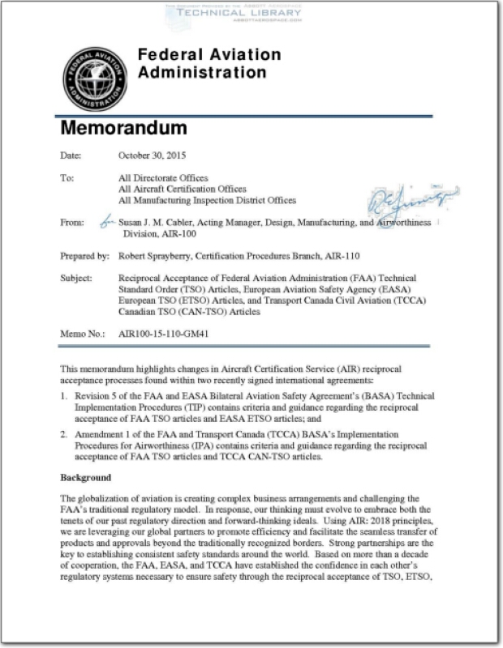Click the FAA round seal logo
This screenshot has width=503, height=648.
[x=95, y=79]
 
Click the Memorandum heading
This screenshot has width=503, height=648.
[x=123, y=128]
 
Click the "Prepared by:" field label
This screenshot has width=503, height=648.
[x=84, y=256]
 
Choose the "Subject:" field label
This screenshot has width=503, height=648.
[x=76, y=278]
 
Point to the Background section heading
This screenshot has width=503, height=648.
[x=85, y=478]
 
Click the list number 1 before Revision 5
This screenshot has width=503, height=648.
[x=63, y=395]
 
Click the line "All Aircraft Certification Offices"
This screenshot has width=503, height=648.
[x=182, y=189]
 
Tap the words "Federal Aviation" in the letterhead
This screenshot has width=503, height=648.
[x=209, y=55]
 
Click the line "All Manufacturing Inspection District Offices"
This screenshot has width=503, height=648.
[x=207, y=200]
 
